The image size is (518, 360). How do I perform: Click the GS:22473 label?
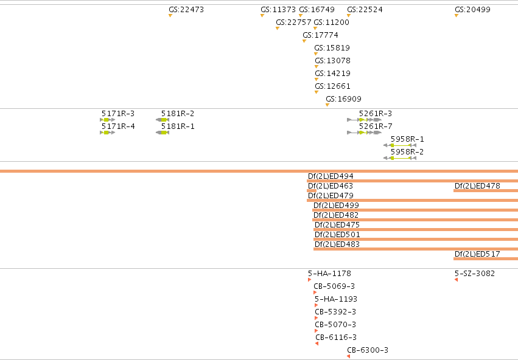(x=186, y=10)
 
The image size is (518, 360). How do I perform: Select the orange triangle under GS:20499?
(x=457, y=16)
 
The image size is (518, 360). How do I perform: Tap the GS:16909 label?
(x=343, y=99)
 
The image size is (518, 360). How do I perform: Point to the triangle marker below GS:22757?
(x=278, y=29)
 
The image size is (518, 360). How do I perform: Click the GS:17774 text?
(x=320, y=35)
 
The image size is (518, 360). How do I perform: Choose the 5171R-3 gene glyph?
(x=108, y=120)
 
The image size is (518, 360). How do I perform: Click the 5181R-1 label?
(x=178, y=126)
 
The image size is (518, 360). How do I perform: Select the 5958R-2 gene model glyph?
(x=400, y=158)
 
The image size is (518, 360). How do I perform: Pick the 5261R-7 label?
(x=376, y=126)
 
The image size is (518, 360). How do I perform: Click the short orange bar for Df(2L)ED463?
(x=312, y=191)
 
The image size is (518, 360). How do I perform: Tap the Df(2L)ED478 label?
(x=477, y=186)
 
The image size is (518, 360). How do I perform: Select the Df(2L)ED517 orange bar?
(x=486, y=258)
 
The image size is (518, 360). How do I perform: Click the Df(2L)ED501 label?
(x=337, y=235)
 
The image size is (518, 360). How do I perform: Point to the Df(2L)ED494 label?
(x=331, y=176)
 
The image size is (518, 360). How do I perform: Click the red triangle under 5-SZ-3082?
(x=457, y=280)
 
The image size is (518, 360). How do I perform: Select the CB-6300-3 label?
(x=368, y=350)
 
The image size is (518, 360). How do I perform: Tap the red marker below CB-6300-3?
(x=349, y=356)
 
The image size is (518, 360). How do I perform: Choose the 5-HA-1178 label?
(x=329, y=274)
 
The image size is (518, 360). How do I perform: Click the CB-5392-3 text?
(x=335, y=312)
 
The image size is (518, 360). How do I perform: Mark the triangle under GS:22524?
(x=349, y=16)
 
